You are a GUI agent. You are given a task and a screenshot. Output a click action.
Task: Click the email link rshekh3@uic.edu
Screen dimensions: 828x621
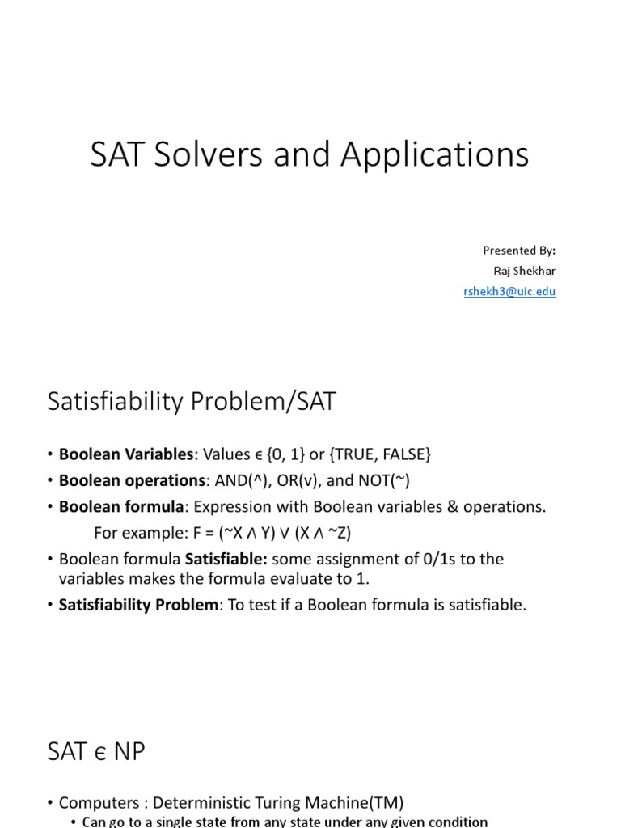pyautogui.click(x=509, y=292)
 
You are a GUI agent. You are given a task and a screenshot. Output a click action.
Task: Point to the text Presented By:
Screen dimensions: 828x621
pyautogui.click(x=519, y=251)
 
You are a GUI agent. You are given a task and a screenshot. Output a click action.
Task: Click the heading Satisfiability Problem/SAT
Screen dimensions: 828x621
pyautogui.click(x=192, y=402)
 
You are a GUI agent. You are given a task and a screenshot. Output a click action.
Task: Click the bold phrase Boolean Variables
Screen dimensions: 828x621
pyautogui.click(x=126, y=454)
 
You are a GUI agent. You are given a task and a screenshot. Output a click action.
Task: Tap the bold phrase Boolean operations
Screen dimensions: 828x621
pyautogui.click(x=133, y=480)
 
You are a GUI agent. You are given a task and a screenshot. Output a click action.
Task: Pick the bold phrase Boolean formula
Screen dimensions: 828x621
pyautogui.click(x=121, y=506)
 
